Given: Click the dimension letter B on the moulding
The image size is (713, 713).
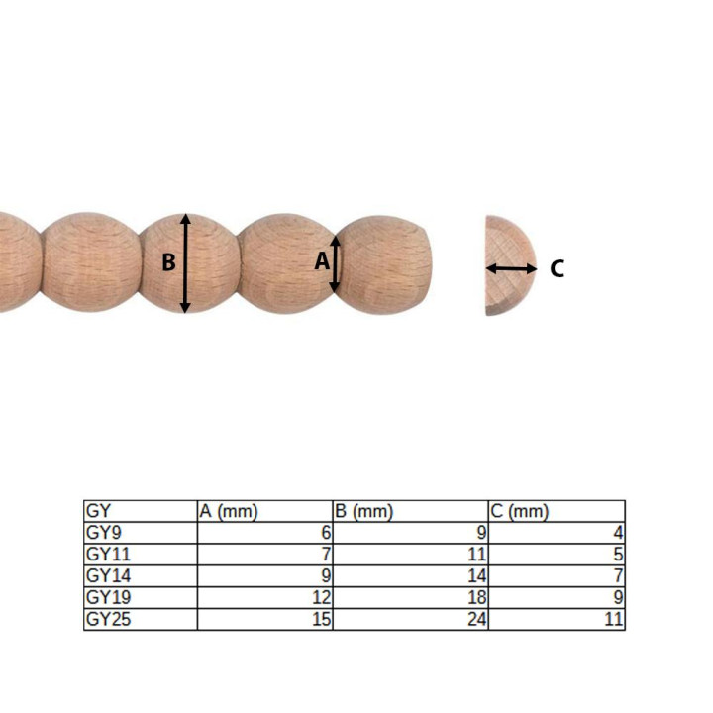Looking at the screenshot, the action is coord(168,262).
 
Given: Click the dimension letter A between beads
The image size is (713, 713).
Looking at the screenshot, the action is coord(322,261).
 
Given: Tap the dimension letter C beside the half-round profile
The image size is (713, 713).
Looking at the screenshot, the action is coord(557,268).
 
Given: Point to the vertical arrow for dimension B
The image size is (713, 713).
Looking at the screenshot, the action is coord(185,263).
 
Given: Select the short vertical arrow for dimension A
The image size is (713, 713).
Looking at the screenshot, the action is coord(335,263).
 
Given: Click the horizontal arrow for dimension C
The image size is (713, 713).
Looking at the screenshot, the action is coord(512,268).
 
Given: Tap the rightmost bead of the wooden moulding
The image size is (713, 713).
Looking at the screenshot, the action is coord(384,264).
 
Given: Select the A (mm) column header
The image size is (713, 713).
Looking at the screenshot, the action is coord(229,512).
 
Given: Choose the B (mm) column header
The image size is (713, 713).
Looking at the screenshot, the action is coord(363,512).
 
